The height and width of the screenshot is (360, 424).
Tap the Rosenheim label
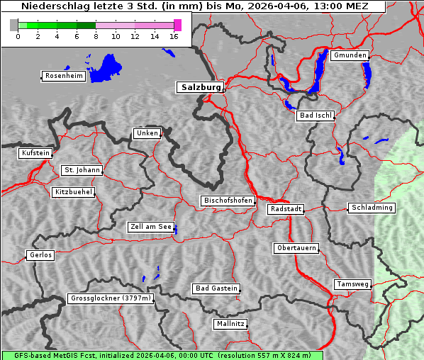click(x=63, y=76)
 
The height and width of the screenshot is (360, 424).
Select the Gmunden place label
click(x=350, y=55)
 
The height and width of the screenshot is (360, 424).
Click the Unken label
click(x=147, y=133)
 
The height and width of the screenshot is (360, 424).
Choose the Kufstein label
click(x=35, y=153)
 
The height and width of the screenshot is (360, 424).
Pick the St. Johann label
click(x=82, y=170)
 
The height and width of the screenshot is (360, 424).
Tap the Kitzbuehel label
click(x=73, y=192)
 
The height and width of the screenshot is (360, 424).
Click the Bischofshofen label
click(x=228, y=201)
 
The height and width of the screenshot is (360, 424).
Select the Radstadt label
click(x=286, y=209)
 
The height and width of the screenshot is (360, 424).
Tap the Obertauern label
click(x=296, y=249)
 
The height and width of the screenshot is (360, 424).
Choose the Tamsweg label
click(x=352, y=284)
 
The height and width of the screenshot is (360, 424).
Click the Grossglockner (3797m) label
click(x=111, y=299)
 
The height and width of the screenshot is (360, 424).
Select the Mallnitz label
click(x=230, y=324)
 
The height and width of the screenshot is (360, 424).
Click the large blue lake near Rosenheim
click(x=106, y=67)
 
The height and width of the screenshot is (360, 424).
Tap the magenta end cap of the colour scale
click(x=177, y=25)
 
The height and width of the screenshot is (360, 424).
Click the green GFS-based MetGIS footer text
click(x=162, y=355)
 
